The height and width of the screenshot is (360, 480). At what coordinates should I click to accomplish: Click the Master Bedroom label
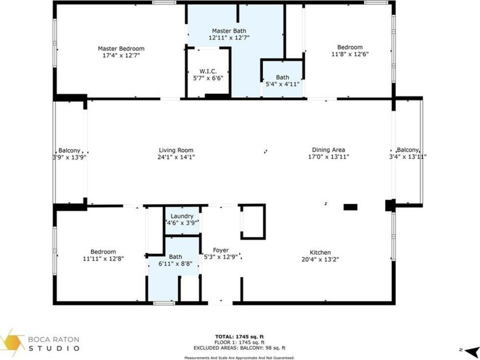121,49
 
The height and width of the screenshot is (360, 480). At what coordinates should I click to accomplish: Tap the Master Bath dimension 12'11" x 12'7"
229,38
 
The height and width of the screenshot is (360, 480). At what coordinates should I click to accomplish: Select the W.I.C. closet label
208,71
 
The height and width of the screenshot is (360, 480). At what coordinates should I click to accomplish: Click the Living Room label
176,150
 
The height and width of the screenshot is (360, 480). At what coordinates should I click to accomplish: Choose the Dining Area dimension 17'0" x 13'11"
329,157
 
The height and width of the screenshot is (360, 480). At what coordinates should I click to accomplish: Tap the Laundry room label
182,216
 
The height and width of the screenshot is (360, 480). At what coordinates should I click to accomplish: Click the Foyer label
221,250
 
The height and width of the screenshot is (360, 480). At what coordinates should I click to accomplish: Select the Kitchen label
320,253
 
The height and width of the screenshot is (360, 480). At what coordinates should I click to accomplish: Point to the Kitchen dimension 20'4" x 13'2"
320,259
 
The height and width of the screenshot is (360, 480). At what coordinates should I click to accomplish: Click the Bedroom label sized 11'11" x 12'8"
103,252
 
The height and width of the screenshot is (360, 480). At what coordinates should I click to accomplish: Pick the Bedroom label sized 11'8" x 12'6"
350,47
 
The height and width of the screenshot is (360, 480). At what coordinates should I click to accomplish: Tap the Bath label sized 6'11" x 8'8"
175,257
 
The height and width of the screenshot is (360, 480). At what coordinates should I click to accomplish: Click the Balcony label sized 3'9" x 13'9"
70,151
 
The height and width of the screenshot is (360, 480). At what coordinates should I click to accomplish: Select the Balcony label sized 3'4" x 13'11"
408,150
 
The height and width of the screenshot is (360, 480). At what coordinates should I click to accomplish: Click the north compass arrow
471,350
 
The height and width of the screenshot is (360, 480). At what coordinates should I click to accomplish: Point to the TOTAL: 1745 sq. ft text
239,337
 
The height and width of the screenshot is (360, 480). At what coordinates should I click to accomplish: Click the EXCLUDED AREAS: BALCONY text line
239,348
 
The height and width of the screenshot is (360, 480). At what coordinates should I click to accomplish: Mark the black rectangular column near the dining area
350,207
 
